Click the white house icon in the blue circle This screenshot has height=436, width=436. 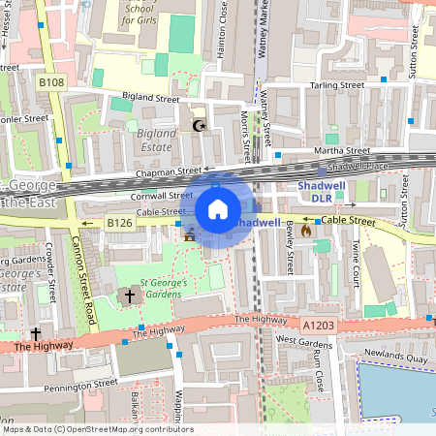click(218, 208)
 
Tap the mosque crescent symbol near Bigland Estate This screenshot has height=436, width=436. click(201, 125)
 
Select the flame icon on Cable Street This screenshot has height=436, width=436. click(307, 231)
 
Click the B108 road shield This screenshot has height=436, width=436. click(51, 84)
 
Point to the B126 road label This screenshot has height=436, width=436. click(119, 223)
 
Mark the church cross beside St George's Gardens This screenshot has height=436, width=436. click(130, 295)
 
